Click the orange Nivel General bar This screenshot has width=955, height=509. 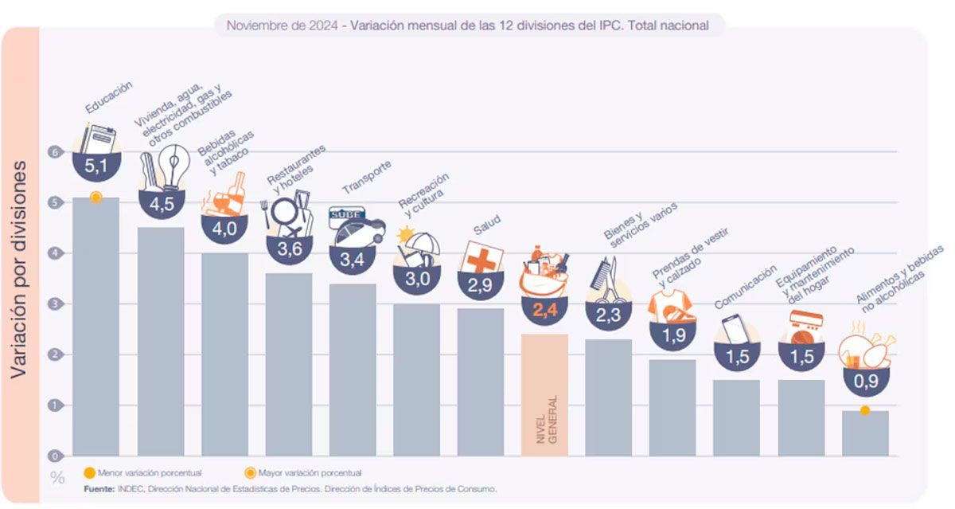point(544,394)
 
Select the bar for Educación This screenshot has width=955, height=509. point(95,327)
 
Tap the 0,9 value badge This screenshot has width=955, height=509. point(865,381)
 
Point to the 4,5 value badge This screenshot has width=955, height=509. point(162,204)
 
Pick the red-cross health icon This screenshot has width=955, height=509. point(482,257)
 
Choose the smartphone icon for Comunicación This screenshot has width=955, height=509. point(734,330)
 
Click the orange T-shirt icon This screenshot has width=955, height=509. point(671,306)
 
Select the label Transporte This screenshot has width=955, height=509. point(367,178)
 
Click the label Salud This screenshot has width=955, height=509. point(486,225)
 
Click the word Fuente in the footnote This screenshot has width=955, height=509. point(99,488)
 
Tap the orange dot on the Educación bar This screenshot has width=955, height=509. point(95,197)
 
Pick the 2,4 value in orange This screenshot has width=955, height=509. point(545,311)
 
